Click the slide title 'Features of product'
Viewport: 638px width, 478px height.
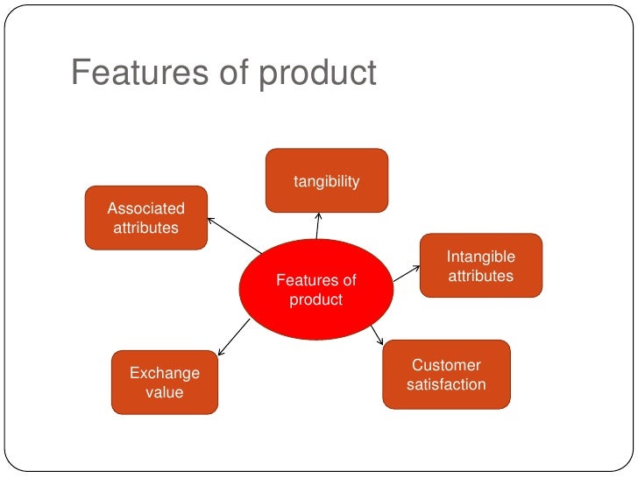point(223,74)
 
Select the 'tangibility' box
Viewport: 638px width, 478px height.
point(326,180)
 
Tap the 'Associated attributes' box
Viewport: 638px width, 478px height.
point(145,218)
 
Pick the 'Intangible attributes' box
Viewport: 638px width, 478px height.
point(480,266)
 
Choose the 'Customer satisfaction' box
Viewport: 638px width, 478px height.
point(446,374)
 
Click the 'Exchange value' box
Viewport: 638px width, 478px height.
point(164,382)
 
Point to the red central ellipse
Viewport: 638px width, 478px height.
point(316,289)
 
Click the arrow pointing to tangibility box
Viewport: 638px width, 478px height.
point(317,226)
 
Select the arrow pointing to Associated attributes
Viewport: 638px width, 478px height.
point(234,235)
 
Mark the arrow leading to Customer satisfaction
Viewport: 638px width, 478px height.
point(377,334)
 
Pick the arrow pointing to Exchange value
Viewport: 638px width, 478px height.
point(234,337)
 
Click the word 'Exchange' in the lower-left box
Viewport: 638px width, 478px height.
point(165,373)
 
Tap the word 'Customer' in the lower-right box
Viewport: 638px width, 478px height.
point(446,365)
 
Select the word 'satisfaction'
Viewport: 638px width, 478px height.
point(446,384)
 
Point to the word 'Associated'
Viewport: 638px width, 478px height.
point(145,208)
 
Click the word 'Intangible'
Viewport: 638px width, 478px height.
point(480,257)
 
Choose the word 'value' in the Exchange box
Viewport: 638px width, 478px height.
point(165,392)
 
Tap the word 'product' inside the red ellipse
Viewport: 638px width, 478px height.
point(316,299)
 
